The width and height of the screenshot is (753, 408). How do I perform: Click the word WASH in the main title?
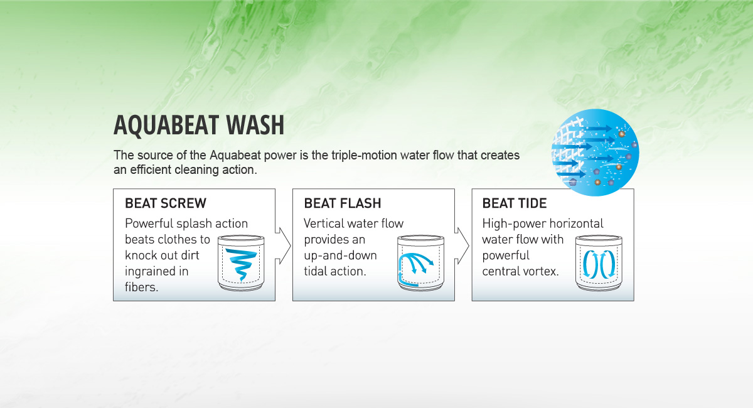point(255,125)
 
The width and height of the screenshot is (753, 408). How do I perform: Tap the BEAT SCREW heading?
point(166,203)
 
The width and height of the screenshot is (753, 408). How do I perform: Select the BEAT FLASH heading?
point(343,203)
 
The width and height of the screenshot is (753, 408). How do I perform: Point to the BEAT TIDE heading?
point(515,203)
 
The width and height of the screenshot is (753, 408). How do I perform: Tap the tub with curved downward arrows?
point(420,263)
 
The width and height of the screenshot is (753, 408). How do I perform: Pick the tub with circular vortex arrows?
point(599,263)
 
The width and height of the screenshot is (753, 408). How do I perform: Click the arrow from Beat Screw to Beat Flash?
point(283,245)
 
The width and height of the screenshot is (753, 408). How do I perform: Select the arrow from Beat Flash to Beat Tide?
point(462,245)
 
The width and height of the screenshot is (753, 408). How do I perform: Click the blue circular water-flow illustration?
point(595,153)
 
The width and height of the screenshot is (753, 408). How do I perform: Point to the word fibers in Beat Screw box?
point(141,287)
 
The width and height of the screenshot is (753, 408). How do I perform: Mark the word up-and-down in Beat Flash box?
point(340,255)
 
